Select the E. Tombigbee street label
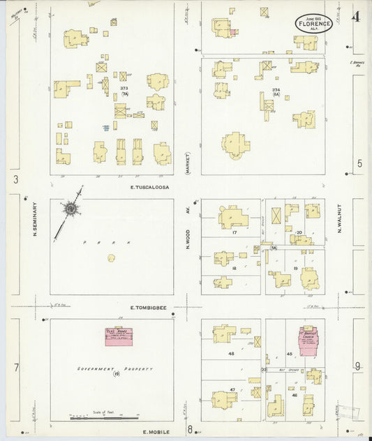[150, 306]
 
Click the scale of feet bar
[98, 417]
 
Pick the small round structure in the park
[111, 258]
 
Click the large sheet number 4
[357, 17]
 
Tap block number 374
[276, 90]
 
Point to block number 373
[124, 89]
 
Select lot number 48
[231, 354]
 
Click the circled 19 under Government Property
[117, 375]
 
